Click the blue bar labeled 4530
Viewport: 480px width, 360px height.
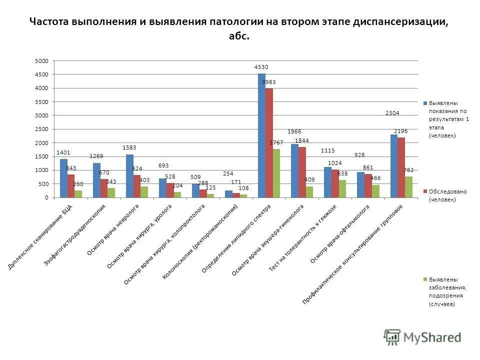click(x=261, y=135)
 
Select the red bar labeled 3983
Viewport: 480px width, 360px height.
click(x=269, y=143)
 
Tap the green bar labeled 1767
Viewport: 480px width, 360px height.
click(x=276, y=173)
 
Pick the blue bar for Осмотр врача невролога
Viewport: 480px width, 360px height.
click(x=129, y=176)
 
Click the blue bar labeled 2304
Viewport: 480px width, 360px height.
click(x=394, y=166)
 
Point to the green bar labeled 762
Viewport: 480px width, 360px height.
click(x=409, y=187)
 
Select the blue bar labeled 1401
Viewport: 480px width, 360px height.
click(x=63, y=178)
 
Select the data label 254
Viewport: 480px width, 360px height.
click(x=228, y=173)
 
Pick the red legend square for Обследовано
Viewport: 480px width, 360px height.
click(x=425, y=191)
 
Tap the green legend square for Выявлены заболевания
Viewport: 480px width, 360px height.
click(x=425, y=279)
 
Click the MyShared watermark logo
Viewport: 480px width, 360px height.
click(x=422, y=337)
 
